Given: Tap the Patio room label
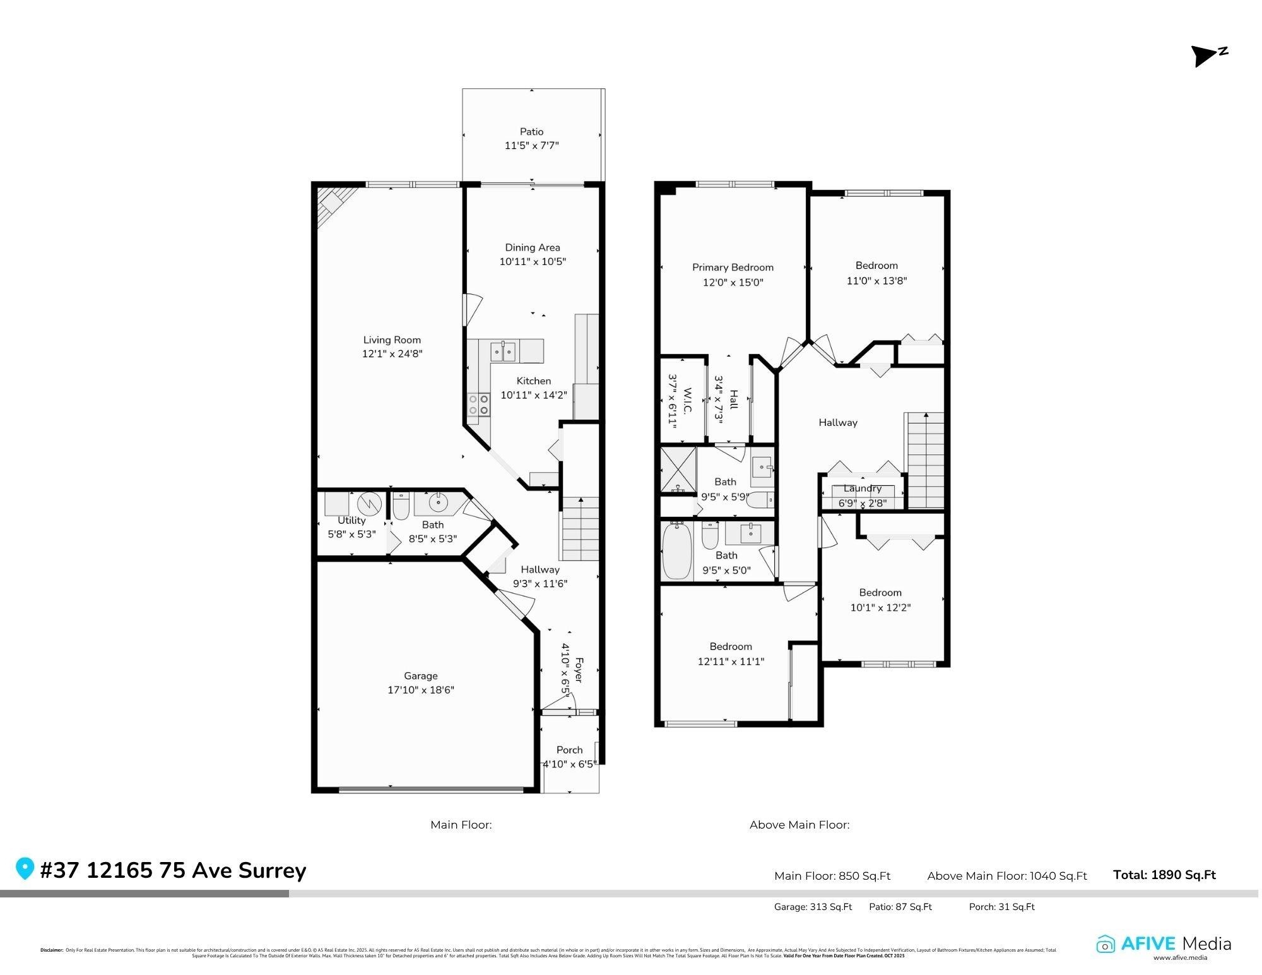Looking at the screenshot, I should click(531, 132).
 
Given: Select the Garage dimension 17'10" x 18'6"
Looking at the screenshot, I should click(420, 690).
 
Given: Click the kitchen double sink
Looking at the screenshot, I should click(503, 351).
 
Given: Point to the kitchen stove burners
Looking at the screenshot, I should click(479, 405).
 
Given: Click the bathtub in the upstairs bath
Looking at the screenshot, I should click(677, 550).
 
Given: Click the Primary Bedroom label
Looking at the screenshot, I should click(733, 268).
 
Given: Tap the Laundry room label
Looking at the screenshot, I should click(862, 488).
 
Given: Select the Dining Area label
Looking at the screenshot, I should click(532, 247).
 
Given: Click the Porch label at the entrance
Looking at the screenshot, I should click(569, 750).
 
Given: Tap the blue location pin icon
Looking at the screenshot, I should click(25, 868).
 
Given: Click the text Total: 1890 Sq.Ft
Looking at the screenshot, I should click(1164, 875).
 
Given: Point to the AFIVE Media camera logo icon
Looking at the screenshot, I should click(1106, 945).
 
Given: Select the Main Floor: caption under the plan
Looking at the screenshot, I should click(461, 825).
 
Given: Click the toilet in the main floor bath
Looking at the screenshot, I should click(401, 506).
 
